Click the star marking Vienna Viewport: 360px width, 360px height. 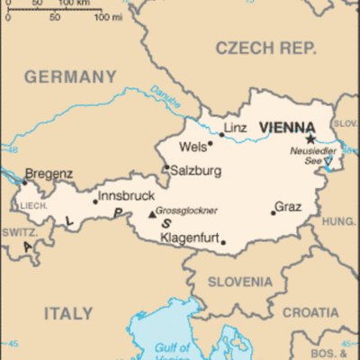click(310, 139)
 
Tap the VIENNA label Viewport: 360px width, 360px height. click(286, 128)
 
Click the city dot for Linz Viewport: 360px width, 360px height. click(221, 135)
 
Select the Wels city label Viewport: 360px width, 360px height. click(193, 145)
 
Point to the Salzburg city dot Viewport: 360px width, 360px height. click(166, 166)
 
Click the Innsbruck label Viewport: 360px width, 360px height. click(127, 195)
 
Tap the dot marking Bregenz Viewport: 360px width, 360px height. click(24, 183)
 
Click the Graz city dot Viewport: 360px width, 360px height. click(273, 212)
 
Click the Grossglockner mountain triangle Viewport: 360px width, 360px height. click(151, 213)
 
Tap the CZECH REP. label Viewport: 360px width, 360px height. click(265, 47)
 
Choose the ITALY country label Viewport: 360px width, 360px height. click(68, 313)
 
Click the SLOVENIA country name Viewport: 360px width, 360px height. click(239, 282)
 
